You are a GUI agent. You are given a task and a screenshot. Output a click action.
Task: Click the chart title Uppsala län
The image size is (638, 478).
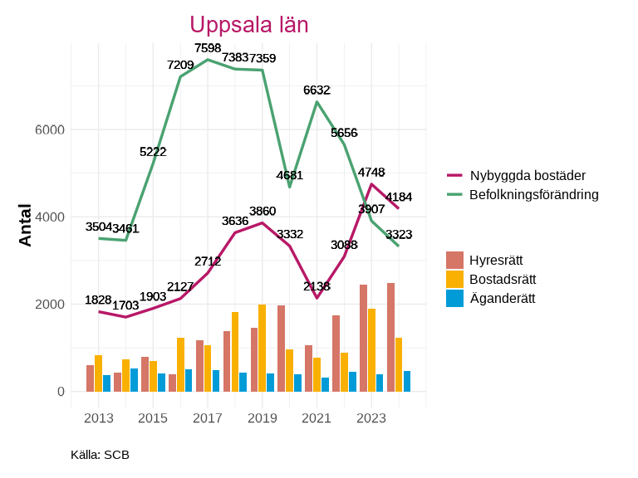249,25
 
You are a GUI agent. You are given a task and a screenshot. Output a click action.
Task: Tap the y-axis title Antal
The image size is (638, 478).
25,225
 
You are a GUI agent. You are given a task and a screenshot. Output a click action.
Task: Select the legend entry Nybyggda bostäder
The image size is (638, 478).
528,175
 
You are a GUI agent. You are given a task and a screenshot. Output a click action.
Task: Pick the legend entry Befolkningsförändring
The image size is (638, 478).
534,195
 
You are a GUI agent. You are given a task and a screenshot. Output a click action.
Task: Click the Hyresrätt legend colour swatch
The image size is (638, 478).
454,260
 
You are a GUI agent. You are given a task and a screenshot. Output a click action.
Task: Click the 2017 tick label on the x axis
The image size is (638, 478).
208,418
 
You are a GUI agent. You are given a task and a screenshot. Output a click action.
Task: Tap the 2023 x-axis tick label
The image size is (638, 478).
371,418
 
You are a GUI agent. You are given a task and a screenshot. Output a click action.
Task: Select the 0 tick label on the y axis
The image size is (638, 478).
59,392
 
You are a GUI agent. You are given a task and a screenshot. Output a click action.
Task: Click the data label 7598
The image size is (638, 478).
208,48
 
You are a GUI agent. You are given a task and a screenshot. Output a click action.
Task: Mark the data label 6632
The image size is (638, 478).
317,90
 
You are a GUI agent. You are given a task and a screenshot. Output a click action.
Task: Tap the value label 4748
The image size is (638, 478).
371,172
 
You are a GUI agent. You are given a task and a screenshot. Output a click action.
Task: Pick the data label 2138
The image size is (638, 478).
317,286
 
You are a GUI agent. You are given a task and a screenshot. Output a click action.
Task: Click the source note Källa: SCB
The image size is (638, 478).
100,455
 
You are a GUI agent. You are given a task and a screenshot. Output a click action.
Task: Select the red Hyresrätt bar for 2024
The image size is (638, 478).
390,337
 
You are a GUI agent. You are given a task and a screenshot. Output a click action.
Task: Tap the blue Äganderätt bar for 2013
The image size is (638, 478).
107,383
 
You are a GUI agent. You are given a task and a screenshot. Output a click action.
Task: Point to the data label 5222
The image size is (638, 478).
153,151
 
